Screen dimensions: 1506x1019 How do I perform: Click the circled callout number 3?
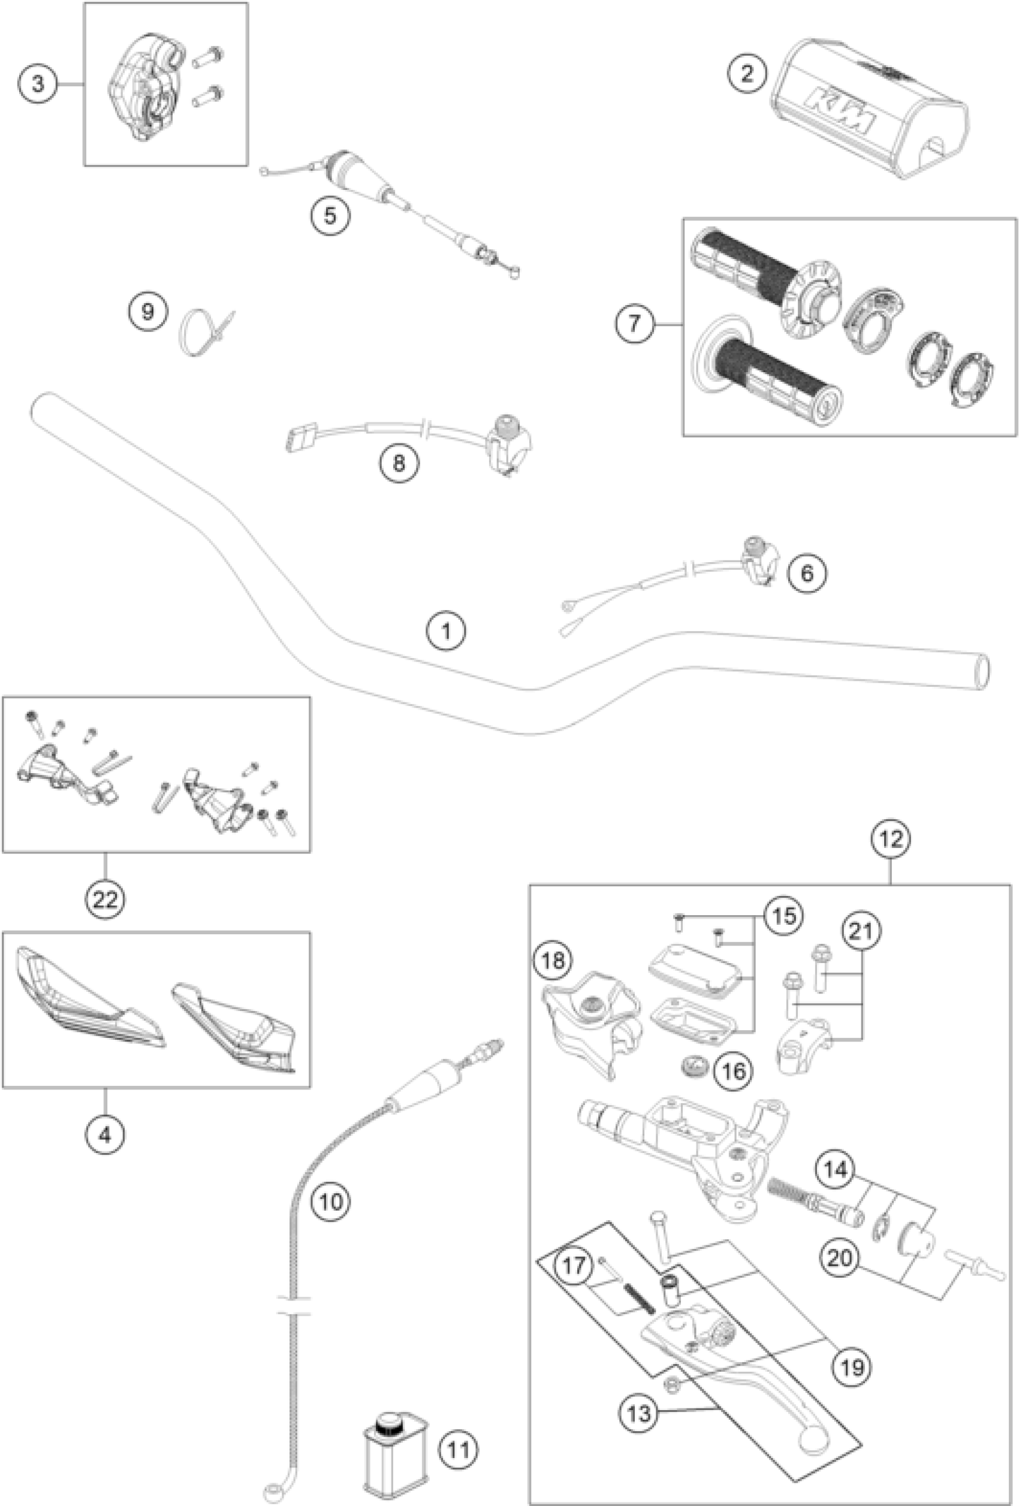pyautogui.click(x=38, y=84)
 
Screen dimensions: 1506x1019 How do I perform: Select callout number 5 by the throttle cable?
pyautogui.click(x=330, y=215)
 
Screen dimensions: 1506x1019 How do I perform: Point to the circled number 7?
pyautogui.click(x=634, y=322)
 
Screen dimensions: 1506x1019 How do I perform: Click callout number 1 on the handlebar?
pyautogui.click(x=446, y=630)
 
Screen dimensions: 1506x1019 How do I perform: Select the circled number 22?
pyautogui.click(x=105, y=899)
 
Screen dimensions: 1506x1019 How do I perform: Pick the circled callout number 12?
pyautogui.click(x=891, y=839)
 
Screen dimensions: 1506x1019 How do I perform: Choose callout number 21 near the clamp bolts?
pyautogui.click(x=861, y=931)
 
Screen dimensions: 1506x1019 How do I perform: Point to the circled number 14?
pyautogui.click(x=835, y=1170)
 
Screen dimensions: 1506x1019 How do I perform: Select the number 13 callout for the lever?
pyautogui.click(x=638, y=1408)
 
